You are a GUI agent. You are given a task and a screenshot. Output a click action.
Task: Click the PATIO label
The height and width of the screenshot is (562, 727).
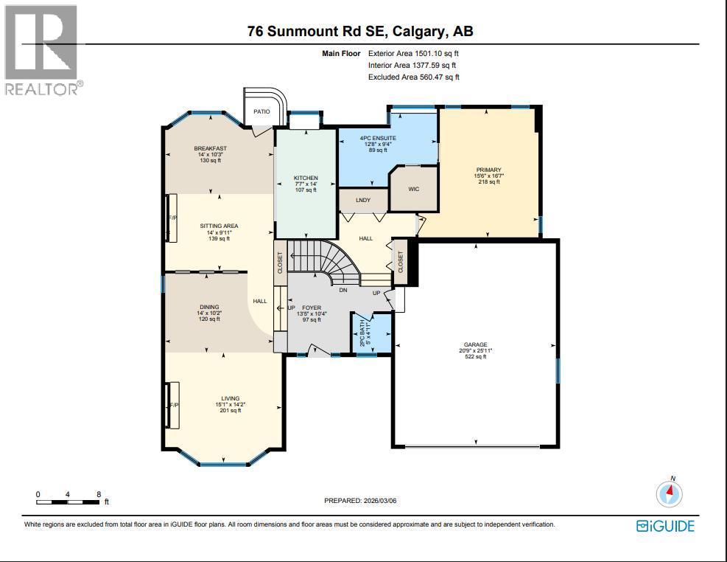click(261, 111)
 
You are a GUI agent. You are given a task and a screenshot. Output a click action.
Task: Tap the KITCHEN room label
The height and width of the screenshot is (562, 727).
click(306, 178)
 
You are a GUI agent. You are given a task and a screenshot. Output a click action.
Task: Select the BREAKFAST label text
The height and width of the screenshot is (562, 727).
click(210, 148)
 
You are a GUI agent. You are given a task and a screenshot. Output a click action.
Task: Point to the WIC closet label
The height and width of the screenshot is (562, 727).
click(413, 189)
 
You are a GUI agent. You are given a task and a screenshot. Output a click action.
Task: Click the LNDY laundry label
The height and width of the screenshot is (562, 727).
click(362, 200)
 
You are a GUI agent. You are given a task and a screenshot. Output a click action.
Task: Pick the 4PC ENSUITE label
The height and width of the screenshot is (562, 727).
click(378, 138)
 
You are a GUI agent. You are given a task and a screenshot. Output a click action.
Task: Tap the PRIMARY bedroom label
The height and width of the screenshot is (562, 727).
click(488, 170)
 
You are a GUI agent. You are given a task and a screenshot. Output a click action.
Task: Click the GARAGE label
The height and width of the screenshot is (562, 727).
click(475, 344)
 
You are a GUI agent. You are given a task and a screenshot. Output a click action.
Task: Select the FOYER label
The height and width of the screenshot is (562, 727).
click(312, 307)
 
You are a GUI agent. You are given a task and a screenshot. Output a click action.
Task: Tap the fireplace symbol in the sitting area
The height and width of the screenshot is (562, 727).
click(172, 218)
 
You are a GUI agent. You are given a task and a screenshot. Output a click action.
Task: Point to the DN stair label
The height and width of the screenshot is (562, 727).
click(343, 291)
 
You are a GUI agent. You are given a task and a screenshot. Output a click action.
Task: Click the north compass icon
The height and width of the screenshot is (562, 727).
click(670, 493)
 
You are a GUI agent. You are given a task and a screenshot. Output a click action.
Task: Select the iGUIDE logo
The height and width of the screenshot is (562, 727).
click(665, 526)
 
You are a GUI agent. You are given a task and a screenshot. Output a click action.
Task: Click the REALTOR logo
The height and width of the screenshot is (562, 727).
click(42, 50)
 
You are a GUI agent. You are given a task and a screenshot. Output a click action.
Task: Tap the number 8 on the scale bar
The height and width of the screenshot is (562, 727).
click(98, 494)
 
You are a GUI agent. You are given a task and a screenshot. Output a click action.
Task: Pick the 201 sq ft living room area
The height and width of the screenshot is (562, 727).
click(231, 411)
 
